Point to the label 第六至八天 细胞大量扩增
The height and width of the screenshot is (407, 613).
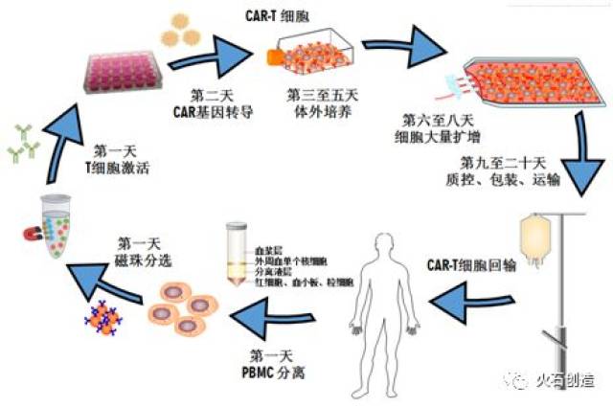coord(440,127)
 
